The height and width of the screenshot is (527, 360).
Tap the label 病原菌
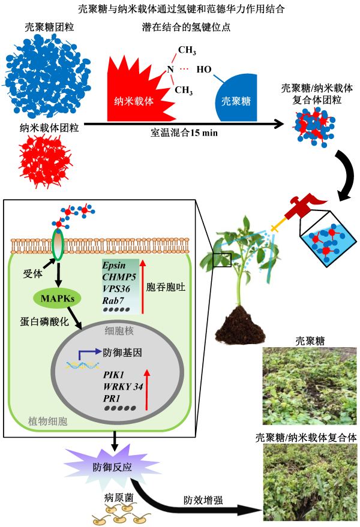click(116, 497)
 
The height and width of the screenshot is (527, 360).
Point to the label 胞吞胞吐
click(166, 287)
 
